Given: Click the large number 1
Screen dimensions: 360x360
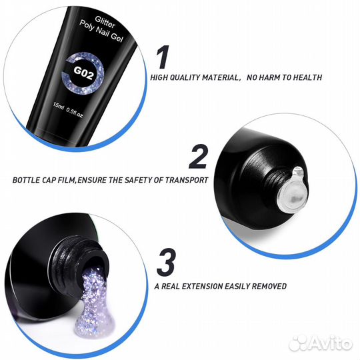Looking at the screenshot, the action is tap(163, 57).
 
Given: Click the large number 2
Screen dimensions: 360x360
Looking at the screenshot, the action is tap(198, 157).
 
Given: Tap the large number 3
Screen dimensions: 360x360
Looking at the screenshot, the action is tap(166, 263).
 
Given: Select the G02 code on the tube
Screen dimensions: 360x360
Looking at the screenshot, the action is tap(83, 73).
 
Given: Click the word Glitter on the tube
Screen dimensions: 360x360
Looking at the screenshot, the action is tap(105, 22).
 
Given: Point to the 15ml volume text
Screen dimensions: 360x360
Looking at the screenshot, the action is tap(58, 106).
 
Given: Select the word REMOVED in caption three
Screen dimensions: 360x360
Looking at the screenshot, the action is tap(269, 286).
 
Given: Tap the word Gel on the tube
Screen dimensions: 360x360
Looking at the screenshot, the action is tap(117, 37).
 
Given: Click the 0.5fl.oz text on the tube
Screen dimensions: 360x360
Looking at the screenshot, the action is tap(75, 113).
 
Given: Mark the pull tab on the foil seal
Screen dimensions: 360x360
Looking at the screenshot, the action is tap(298, 171).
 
